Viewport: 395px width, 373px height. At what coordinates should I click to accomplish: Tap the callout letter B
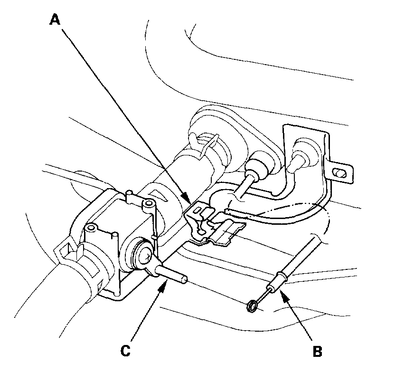pos(318,352)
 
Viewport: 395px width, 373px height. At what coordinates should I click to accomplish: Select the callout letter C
pos(125,351)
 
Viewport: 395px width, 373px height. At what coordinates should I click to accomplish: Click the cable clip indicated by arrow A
pos(209,223)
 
